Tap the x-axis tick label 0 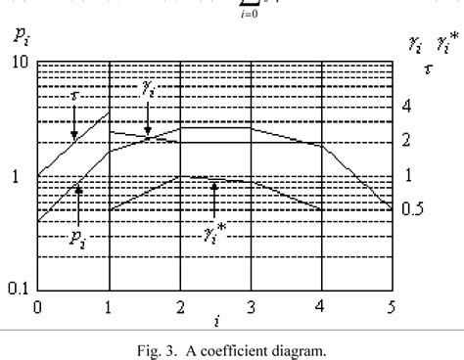[x=37, y=307]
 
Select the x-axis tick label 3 [x=251, y=307]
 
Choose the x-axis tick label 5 [x=392, y=307]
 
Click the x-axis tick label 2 [x=180, y=307]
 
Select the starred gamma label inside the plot [x=215, y=232]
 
